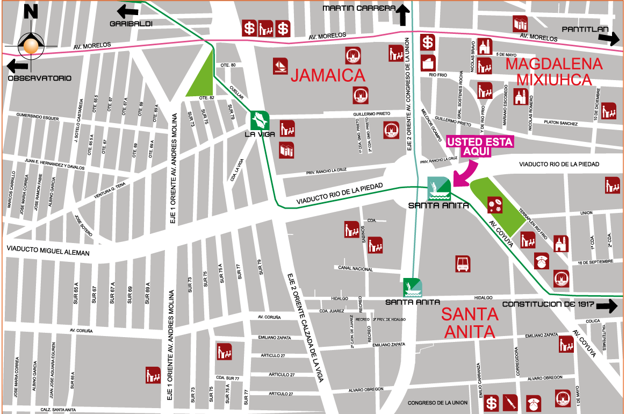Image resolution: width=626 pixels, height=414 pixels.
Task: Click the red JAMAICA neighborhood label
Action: [x=328, y=75]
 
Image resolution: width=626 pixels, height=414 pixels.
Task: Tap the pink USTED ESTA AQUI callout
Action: [x=480, y=146]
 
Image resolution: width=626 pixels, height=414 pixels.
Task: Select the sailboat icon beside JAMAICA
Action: [x=280, y=66]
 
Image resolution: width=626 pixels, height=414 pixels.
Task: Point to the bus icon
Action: [x=463, y=263]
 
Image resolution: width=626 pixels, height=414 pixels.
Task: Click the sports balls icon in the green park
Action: [x=495, y=204]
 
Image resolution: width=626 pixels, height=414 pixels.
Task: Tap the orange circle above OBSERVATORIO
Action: [x=31, y=46]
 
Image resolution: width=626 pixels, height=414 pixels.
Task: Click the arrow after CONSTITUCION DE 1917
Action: [x=607, y=306]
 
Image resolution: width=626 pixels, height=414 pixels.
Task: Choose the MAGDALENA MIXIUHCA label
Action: [x=555, y=72]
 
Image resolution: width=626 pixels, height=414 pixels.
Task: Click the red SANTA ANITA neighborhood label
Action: [x=470, y=323]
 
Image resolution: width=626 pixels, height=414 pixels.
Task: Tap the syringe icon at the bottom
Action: [x=510, y=402]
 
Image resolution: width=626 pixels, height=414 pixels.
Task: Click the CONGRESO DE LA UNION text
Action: [x=437, y=403]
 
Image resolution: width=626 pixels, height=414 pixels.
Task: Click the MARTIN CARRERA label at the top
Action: [x=359, y=8]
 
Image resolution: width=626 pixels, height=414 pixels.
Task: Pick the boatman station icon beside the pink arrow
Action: [x=439, y=188]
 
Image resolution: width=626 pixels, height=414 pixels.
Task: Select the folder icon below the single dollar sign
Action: [x=428, y=62]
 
